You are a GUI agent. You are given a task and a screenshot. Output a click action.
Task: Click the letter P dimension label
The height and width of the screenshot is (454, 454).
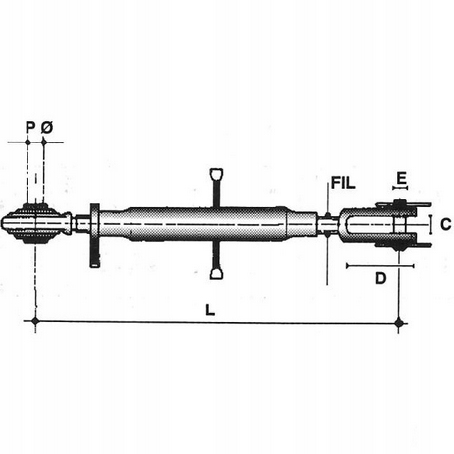[x=29, y=127]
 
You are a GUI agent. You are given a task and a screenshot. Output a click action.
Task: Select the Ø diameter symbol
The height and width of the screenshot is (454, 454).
[x=47, y=127]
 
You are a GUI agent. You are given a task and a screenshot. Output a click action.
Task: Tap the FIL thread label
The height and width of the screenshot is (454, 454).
[x=343, y=183]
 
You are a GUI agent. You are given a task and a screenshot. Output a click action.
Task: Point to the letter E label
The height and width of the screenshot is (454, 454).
[x=401, y=178]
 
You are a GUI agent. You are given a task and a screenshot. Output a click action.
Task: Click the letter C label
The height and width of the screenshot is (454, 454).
[x=446, y=225]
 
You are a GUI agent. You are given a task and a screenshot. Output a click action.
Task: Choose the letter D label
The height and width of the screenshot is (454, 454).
[x=380, y=278]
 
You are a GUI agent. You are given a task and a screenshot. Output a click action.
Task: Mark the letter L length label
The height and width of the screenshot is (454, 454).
[x=210, y=310]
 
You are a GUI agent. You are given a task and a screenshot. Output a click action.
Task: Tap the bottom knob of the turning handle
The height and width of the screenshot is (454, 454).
[x=216, y=274]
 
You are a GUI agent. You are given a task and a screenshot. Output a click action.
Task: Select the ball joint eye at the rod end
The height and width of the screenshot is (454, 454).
[x=35, y=224]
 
